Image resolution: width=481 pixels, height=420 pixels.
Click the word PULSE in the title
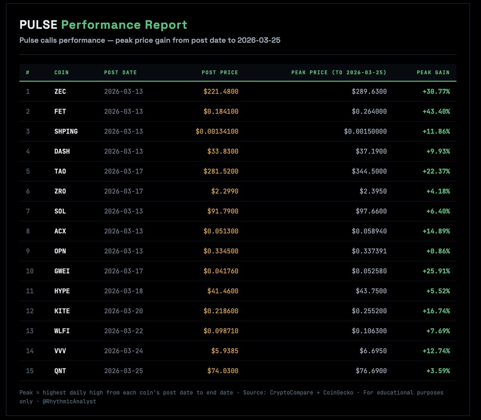tap(38, 25)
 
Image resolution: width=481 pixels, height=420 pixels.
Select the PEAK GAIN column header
tap(433, 73)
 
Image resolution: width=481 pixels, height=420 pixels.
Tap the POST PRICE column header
tap(220, 73)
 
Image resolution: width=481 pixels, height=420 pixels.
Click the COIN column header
tap(61, 73)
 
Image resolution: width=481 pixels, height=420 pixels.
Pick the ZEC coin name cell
tap(60, 91)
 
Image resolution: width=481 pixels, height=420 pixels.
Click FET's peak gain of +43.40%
tap(436, 112)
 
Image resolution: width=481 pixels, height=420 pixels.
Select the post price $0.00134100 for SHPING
tap(217, 132)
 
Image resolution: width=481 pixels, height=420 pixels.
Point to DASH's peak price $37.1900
tap(371, 151)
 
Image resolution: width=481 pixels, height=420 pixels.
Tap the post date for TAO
tap(123, 171)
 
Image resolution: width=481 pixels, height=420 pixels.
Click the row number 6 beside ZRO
tap(28, 191)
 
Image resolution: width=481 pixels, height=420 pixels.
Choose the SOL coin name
tap(60, 211)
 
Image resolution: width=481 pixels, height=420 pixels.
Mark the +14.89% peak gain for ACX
tap(436, 231)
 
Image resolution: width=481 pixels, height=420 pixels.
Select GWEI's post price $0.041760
tap(221, 271)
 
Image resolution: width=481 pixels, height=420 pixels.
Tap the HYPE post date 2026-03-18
tap(123, 291)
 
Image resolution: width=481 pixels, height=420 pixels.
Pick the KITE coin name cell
tap(62, 311)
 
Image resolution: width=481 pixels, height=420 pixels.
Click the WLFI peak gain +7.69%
tap(438, 331)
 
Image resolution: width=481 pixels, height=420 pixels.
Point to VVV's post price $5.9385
tap(225, 351)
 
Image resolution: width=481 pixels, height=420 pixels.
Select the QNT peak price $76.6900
tap(371, 371)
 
